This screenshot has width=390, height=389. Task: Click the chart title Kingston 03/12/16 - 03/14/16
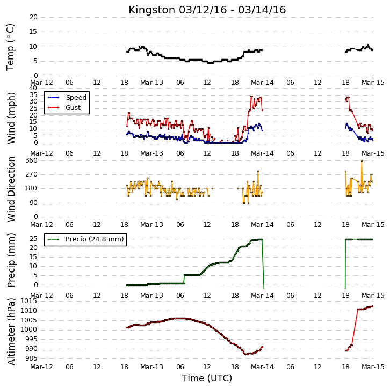[207, 10]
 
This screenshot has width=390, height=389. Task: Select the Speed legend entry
[67, 97]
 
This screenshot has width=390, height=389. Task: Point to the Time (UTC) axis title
[207, 378]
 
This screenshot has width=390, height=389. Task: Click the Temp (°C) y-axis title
[10, 47]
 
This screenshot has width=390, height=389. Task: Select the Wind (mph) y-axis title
[11, 118]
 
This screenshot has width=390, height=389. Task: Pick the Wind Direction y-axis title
[11, 189]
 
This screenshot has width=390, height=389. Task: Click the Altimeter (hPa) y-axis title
[11, 332]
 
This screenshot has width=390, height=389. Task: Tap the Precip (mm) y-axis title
[11, 260]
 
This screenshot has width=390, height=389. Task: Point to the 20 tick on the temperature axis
[33, 17]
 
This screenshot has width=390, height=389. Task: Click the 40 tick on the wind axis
[33, 88]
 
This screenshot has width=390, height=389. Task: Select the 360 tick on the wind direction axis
[32, 160]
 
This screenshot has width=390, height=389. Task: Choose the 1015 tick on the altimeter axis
[30, 301]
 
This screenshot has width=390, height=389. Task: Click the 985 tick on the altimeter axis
[32, 358]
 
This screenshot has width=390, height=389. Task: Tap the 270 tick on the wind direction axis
[32, 174]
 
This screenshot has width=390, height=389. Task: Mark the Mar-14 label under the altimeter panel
[262, 367]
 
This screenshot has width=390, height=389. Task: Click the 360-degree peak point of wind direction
[362, 161]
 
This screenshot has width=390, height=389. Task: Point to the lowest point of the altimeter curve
[245, 354]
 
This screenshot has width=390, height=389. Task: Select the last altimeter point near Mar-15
[372, 306]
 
